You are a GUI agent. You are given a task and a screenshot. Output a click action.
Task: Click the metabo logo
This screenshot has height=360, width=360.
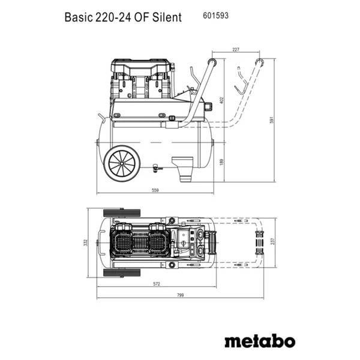(x=259, y=341)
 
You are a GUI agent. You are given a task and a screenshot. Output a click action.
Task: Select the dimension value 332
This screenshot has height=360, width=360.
(x=86, y=242)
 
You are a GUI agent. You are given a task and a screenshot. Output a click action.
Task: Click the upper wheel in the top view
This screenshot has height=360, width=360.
(x=122, y=213)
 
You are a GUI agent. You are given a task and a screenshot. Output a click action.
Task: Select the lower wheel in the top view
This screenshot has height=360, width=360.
(x=122, y=271)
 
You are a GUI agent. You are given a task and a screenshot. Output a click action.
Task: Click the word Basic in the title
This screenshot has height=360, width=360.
(x=77, y=17)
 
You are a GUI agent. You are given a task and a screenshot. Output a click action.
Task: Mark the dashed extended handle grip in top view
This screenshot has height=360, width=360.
(x=260, y=242)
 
